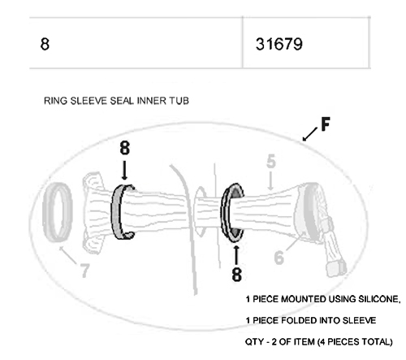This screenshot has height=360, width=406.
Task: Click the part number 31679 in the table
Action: (x=279, y=44)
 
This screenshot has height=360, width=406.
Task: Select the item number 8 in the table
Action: (x=45, y=44)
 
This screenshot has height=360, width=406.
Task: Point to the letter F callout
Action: (x=326, y=124)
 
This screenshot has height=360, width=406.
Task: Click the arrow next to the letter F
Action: (x=310, y=134)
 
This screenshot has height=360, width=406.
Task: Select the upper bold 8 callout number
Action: (x=124, y=148)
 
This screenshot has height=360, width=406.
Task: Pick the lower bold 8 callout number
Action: (x=236, y=274)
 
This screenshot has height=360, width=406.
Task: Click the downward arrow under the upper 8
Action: (x=124, y=171)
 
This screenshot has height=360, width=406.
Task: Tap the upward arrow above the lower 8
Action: (x=236, y=255)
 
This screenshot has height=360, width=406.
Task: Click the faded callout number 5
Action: (x=271, y=162)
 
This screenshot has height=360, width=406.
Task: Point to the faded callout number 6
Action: (x=279, y=258)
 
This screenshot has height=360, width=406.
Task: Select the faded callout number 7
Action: (x=84, y=271)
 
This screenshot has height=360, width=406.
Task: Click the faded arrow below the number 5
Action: (x=270, y=180)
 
